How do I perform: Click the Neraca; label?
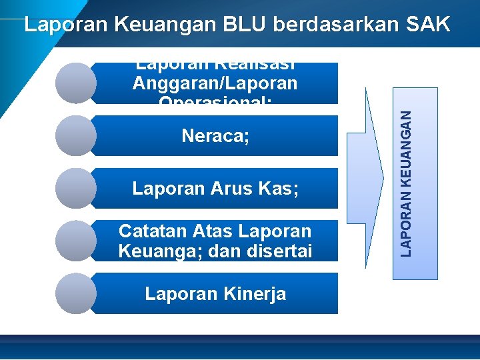pyautogui.click(x=215, y=137)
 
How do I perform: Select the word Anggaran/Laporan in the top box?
pyautogui.click(x=215, y=83)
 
